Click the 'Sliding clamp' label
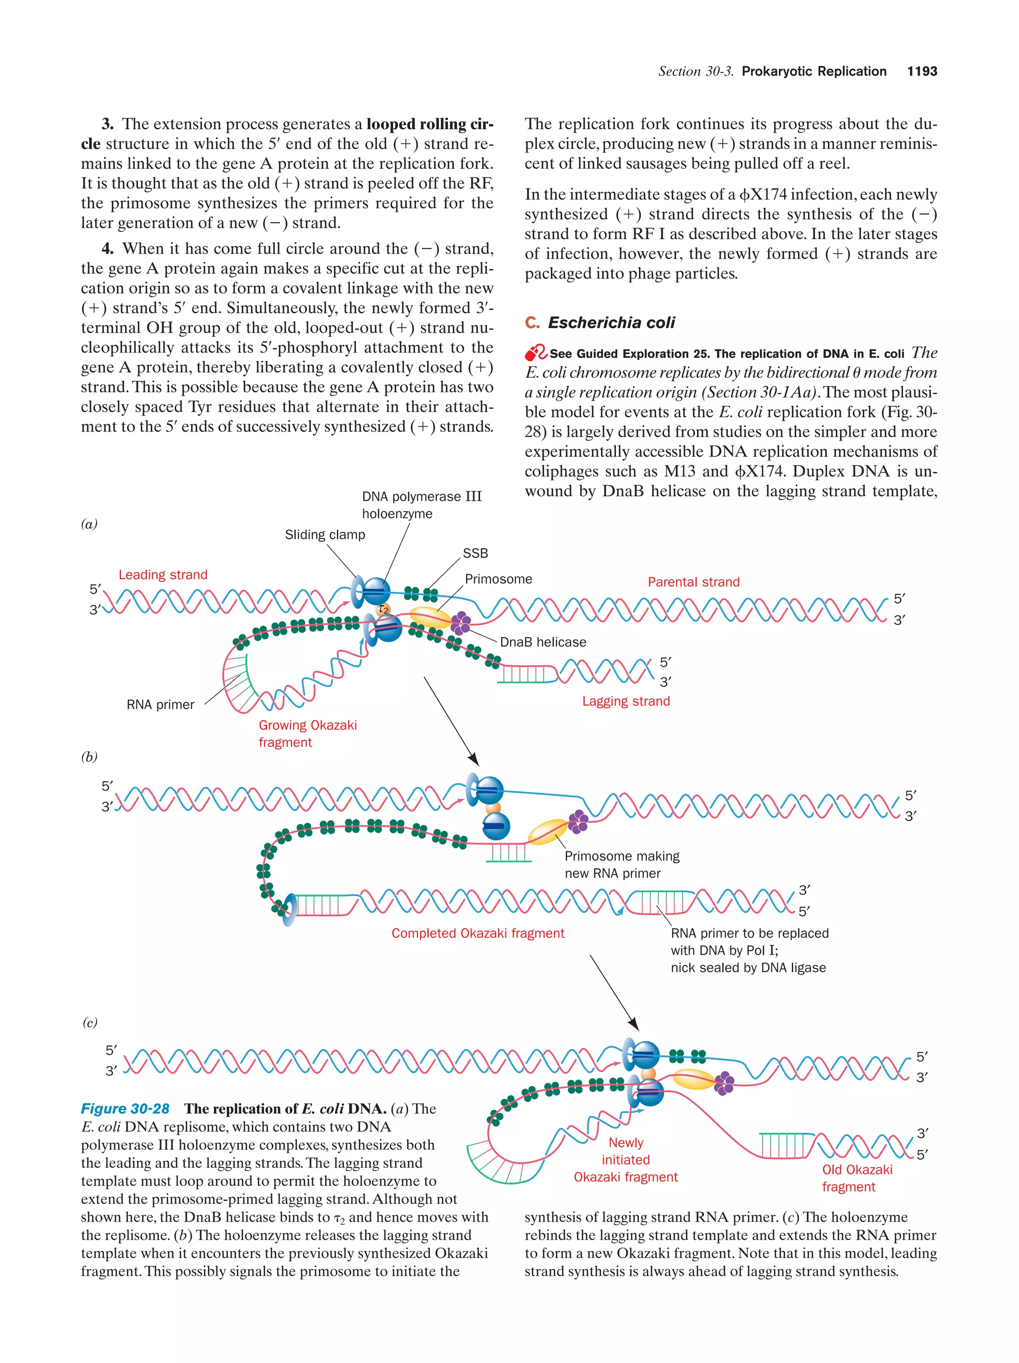coord(324,534)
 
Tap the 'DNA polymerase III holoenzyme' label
coord(421,505)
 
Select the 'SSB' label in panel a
coord(475,553)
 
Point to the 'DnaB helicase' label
coord(542,641)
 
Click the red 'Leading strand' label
coord(163,574)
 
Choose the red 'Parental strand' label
coord(693,582)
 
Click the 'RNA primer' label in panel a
coord(160,704)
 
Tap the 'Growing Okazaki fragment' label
coord(307,733)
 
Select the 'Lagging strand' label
coord(626,701)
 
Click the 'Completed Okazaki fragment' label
coord(478,933)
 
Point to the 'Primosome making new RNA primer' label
coord(621,865)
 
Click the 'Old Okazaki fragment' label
coord(856,1178)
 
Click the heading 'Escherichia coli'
coord(611,322)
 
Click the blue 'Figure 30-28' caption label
coord(125,1108)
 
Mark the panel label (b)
coord(90,757)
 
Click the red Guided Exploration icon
coord(535,353)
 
